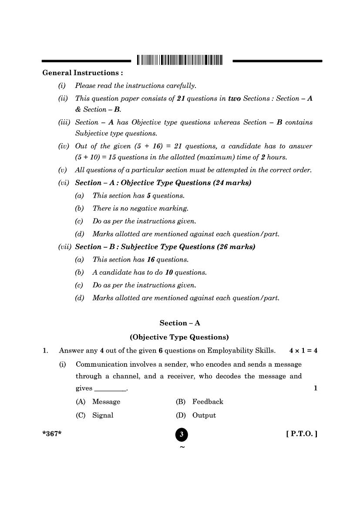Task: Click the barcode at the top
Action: [x=179, y=60]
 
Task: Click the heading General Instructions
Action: [x=82, y=73]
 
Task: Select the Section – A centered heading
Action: [x=180, y=323]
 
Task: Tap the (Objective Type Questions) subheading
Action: [x=179, y=337]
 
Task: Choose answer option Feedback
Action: [x=208, y=402]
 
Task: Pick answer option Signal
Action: [x=103, y=415]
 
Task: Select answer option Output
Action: [x=204, y=415]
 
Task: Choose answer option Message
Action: [x=106, y=402]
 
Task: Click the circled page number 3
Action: [x=182, y=435]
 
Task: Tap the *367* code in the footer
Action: [x=52, y=434]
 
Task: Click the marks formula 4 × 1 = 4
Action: [x=303, y=351]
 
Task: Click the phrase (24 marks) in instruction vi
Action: [x=232, y=183]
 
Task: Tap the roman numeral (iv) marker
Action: [x=64, y=146]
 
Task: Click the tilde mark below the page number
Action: [x=182, y=447]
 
